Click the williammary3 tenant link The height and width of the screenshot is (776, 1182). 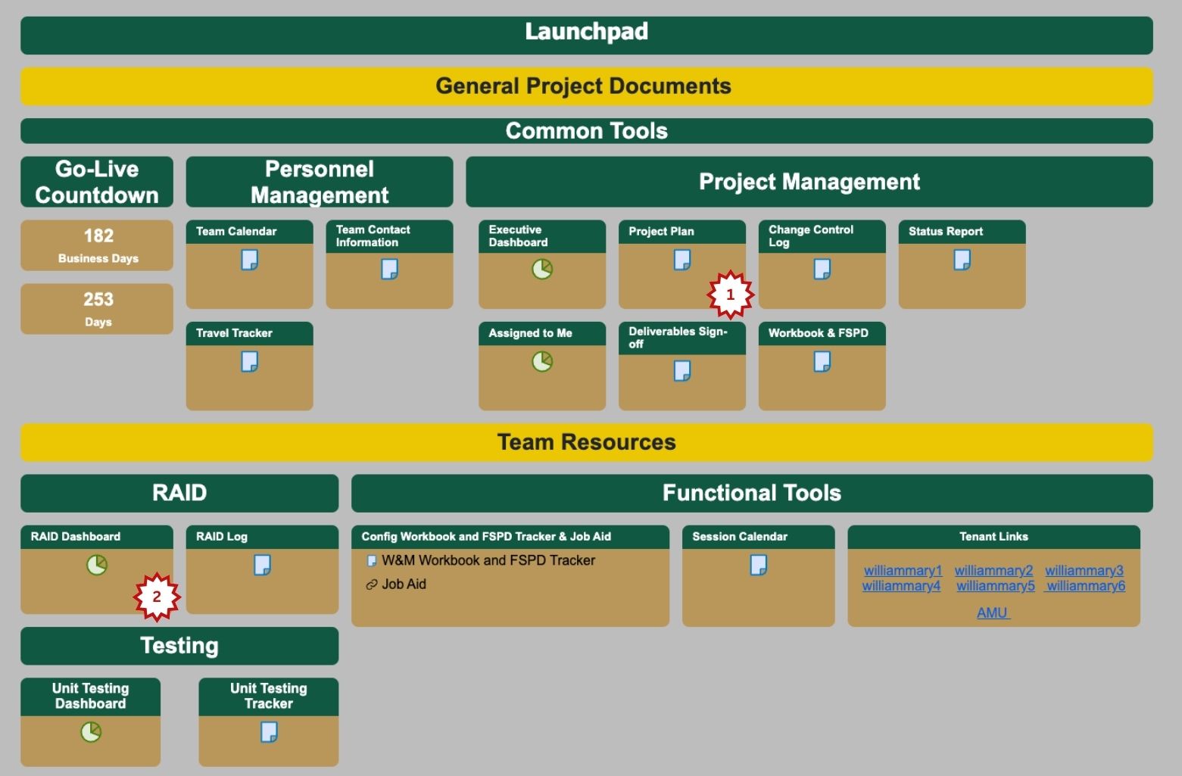pos(1084,570)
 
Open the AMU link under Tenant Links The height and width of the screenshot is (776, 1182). pos(993,612)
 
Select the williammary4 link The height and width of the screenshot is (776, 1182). pos(901,585)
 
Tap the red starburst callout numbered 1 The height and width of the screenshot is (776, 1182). pos(730,295)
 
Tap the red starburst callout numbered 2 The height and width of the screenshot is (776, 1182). pos(157,597)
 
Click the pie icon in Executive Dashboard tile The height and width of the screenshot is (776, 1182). pos(542,269)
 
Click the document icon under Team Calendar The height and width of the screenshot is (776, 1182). pos(249,260)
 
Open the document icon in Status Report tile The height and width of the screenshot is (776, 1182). pos(962,260)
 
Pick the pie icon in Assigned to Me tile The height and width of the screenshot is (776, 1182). pos(542,362)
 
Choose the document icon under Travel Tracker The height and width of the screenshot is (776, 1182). pos(249,362)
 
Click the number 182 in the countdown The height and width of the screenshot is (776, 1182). pos(98,235)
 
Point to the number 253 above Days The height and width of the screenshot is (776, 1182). pos(98,300)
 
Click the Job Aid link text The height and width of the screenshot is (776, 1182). pos(404,584)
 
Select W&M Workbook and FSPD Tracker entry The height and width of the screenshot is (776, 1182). pos(488,560)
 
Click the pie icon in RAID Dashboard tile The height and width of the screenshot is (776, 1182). pos(97,565)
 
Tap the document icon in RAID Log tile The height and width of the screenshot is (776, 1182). pos(262,565)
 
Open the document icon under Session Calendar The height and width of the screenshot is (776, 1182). pos(758,565)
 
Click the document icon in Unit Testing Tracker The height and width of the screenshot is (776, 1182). pos(269,732)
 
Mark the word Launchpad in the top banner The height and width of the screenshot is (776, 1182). pos(586,32)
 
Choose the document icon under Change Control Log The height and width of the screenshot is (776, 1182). pos(822,269)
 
